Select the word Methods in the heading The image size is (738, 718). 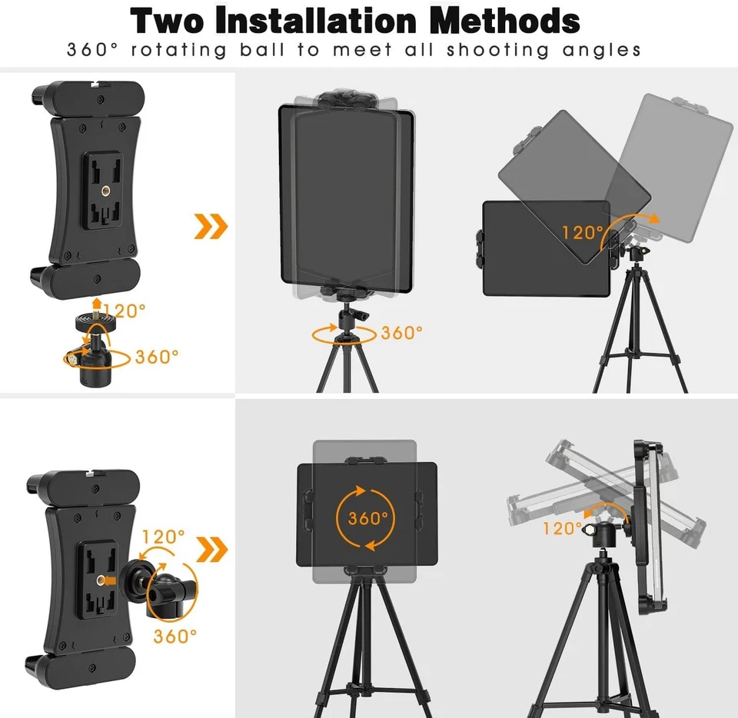(504, 22)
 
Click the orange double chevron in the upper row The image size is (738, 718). (211, 225)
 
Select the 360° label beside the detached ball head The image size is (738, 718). (157, 357)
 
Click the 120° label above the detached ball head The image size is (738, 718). (125, 311)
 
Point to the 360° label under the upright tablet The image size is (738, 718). (402, 333)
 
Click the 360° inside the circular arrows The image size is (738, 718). (367, 517)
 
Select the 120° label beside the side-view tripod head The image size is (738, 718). (563, 528)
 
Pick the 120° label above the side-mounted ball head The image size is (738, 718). (164, 536)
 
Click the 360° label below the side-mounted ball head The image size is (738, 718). (175, 636)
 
